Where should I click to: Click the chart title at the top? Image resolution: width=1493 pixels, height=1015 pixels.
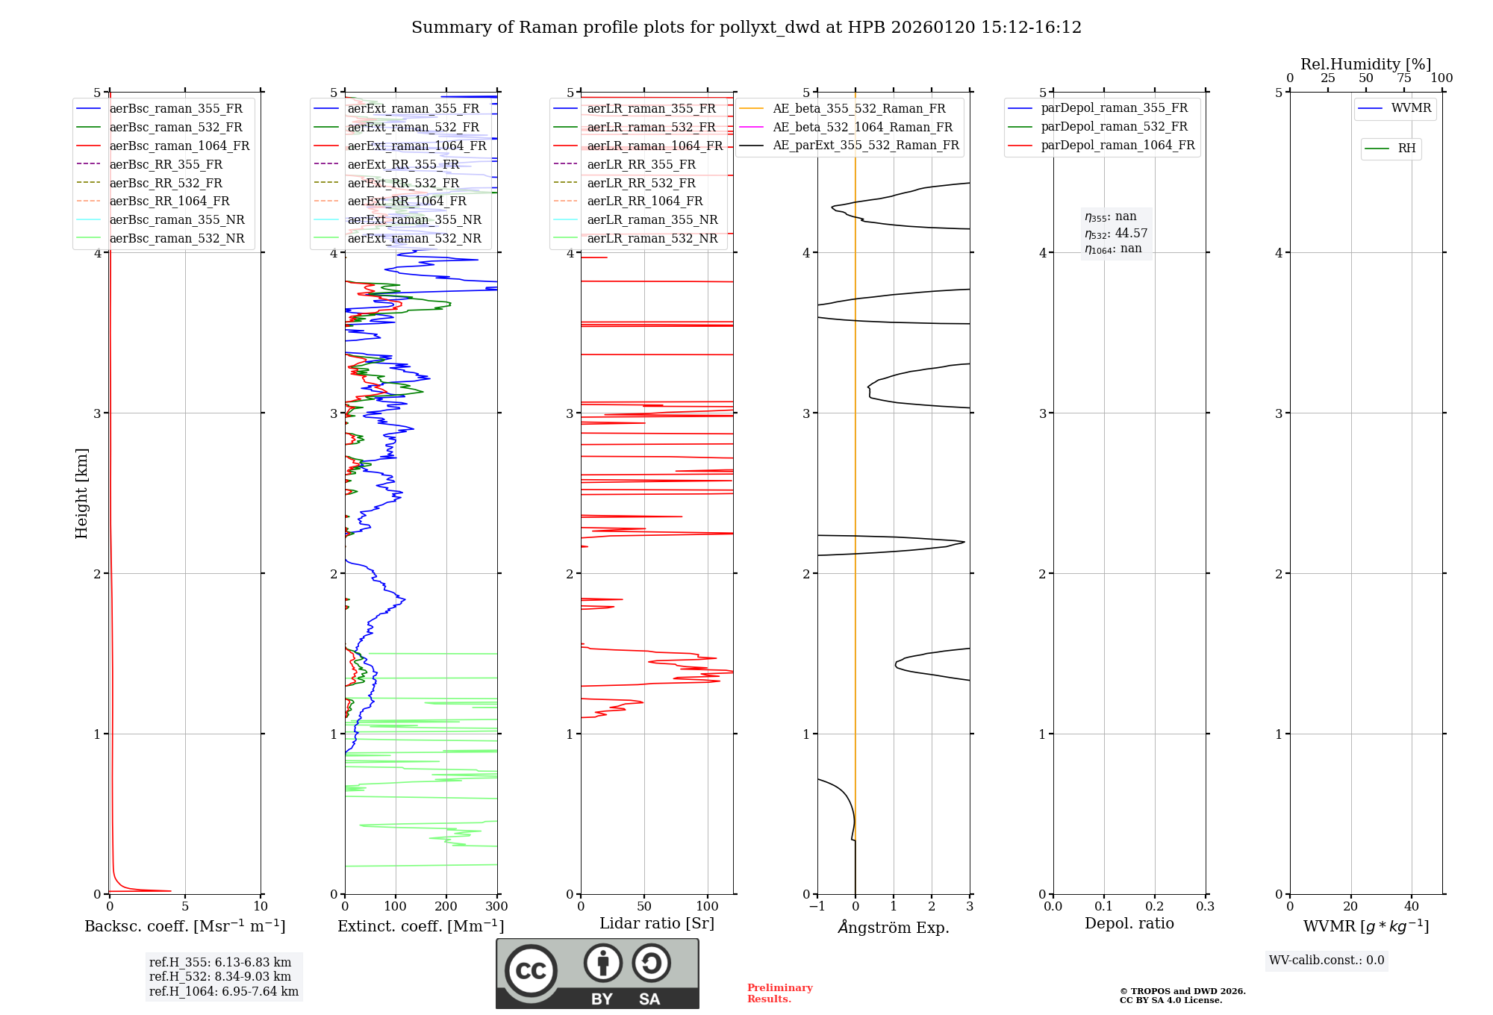[x=746, y=28]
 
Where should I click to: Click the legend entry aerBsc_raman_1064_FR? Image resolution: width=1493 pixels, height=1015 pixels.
[x=179, y=146]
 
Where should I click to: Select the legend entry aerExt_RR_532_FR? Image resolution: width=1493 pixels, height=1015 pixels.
[x=403, y=183]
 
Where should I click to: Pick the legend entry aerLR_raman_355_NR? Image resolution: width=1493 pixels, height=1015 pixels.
[x=652, y=220]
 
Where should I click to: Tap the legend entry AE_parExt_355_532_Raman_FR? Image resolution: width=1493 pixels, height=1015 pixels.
[x=865, y=146]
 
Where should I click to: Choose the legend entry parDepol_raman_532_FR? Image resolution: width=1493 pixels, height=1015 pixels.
[x=1114, y=127]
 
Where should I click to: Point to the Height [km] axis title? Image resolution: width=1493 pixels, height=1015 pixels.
[x=81, y=493]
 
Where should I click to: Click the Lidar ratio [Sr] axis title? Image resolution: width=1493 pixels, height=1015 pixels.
[x=657, y=924]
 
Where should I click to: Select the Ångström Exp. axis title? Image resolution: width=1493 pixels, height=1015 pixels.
[x=894, y=928]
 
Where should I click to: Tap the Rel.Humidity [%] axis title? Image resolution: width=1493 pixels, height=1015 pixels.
[x=1365, y=64]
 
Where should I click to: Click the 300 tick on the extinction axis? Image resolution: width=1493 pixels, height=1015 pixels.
[x=496, y=907]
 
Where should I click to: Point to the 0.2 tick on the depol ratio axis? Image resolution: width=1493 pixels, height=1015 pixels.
[x=1155, y=907]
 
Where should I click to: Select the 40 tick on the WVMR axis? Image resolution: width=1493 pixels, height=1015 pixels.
[x=1411, y=907]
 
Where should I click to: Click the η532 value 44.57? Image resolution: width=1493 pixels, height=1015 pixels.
[x=1131, y=234]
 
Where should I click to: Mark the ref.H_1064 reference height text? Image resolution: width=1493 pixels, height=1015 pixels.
[x=224, y=992]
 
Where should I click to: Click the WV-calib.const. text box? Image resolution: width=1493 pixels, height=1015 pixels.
[x=1327, y=961]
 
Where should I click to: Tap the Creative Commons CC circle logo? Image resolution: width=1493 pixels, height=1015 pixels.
[x=531, y=971]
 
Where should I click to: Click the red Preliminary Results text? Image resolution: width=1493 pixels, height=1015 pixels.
[x=779, y=993]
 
